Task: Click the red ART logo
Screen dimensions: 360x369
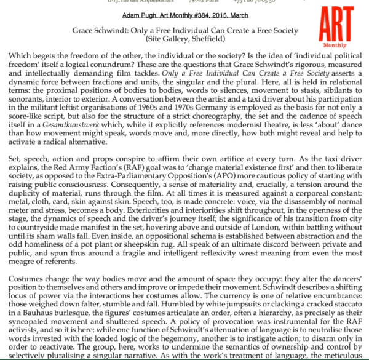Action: pyautogui.click(x=337, y=25)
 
